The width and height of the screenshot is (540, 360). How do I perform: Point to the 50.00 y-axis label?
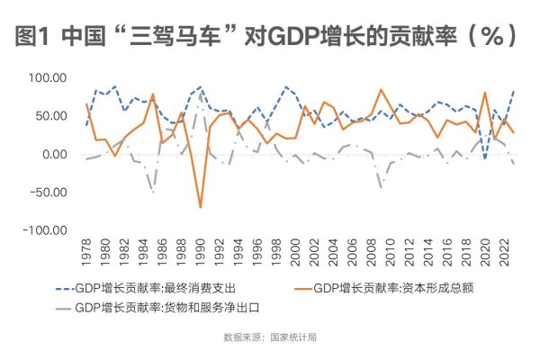pyautogui.click(x=49, y=117)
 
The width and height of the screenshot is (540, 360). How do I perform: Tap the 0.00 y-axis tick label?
pyautogui.click(x=53, y=155)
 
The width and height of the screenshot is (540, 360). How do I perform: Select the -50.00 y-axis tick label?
pyautogui.click(x=48, y=193)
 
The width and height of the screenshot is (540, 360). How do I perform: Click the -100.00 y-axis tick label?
pyautogui.click(x=45, y=230)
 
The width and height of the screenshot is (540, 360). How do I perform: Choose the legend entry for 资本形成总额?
pyautogui.click(x=391, y=288)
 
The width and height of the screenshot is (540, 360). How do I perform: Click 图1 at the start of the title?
pyautogui.click(x=34, y=38)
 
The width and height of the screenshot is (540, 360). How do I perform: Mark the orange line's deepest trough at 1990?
pyautogui.click(x=200, y=208)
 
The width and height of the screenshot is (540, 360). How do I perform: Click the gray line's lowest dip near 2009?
pyautogui.click(x=382, y=186)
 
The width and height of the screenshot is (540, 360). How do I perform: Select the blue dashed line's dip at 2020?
pyautogui.click(x=485, y=159)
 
